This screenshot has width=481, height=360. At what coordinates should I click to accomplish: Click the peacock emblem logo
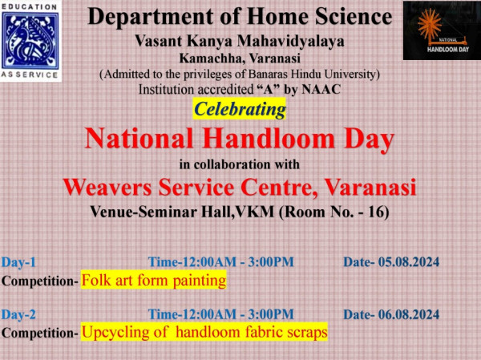coord(30,41)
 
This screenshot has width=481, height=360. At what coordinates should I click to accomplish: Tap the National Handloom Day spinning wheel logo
coord(442,30)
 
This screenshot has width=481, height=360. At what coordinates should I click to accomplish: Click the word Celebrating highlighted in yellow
coord(240,109)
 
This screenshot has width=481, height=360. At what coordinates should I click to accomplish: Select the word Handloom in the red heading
coord(269,139)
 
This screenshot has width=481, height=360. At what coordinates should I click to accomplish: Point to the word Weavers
coord(107,187)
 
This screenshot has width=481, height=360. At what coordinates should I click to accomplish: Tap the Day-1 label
coord(18,262)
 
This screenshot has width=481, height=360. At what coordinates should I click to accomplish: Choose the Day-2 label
coord(18,314)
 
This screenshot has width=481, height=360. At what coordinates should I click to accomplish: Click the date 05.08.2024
coord(409,262)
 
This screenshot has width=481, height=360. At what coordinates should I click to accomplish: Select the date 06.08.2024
coord(409,314)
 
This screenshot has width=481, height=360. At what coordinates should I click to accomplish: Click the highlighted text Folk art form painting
coord(154,280)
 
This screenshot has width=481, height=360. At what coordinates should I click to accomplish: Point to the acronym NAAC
coord(321,89)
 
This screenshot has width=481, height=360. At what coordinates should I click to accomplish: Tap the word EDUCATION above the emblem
coord(30,6)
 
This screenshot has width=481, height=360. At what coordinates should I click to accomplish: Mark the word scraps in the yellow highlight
coord(307,332)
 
